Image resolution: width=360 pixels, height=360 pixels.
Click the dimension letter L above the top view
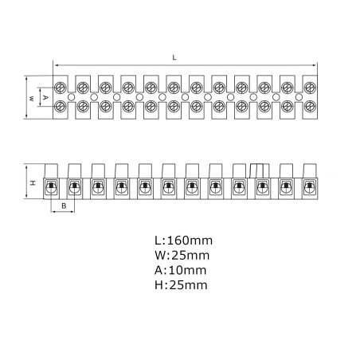(x=174, y=57)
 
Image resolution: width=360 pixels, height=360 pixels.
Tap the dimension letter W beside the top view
(x=31, y=99)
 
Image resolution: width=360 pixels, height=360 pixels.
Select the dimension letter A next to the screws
(x=45, y=98)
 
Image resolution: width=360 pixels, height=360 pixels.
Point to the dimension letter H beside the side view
(x=33, y=182)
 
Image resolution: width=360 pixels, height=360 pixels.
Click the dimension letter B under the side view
(x=64, y=205)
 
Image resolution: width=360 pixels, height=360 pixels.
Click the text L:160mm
(x=184, y=241)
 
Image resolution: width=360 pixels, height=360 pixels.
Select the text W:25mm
(x=182, y=256)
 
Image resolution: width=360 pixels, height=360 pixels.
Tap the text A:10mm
(x=181, y=270)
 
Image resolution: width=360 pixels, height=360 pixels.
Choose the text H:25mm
(x=181, y=285)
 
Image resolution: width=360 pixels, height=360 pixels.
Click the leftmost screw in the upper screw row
(x=61, y=88)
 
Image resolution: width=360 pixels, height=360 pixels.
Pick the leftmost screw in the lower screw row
(x=61, y=107)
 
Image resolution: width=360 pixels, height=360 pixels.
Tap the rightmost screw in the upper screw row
(x=310, y=88)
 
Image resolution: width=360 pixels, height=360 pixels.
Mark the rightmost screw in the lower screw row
(x=310, y=107)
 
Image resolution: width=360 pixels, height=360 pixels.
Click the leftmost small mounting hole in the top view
(x=71, y=97)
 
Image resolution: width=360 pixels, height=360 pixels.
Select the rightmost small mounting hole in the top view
(x=299, y=97)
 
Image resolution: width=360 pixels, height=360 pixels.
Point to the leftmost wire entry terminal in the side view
(x=51, y=188)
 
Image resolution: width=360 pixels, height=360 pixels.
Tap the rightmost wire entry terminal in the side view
(x=309, y=188)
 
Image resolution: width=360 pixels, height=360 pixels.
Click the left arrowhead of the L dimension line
(x=55, y=65)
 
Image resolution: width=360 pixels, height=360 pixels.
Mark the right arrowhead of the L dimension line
(x=315, y=65)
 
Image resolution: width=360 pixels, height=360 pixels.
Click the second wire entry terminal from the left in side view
(x=74, y=188)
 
